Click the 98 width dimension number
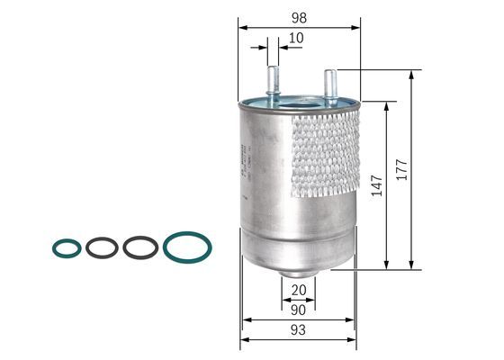pyautogui.click(x=299, y=18)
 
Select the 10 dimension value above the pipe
pyautogui.click(x=296, y=39)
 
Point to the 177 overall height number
pyautogui.click(x=402, y=171)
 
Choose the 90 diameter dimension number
pyautogui.click(x=298, y=310)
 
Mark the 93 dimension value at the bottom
pyautogui.click(x=298, y=330)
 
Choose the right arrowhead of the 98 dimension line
pyautogui.click(x=355, y=27)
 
